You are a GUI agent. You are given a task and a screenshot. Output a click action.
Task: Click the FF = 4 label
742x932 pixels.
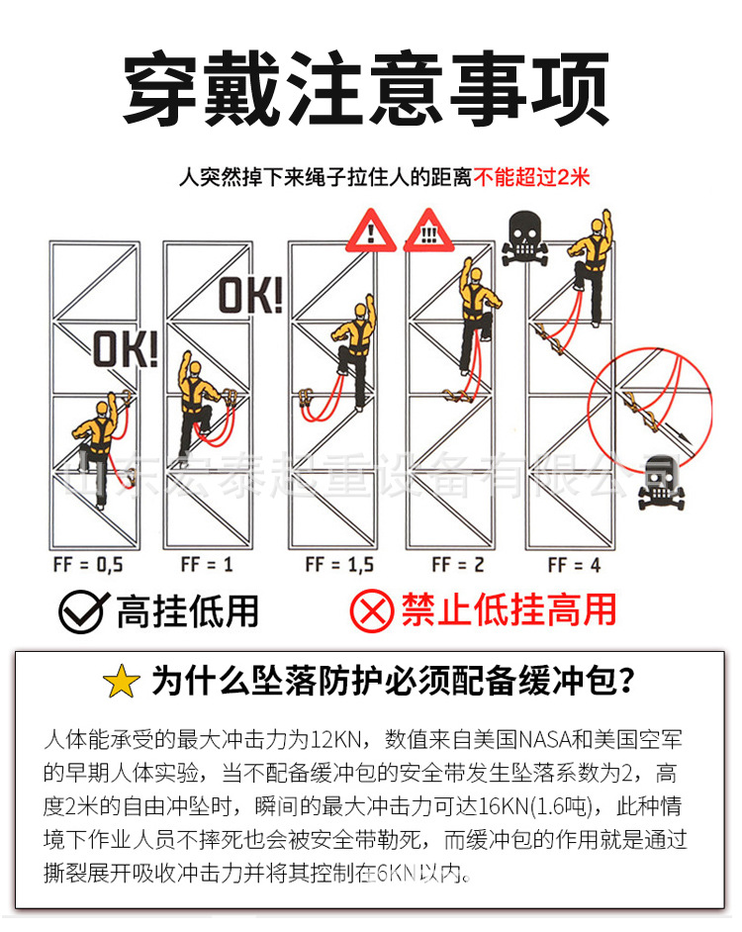click(x=574, y=565)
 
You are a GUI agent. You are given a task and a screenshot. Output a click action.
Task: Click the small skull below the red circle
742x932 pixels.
click(x=658, y=483)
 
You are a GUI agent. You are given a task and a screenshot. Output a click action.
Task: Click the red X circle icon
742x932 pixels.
click(x=373, y=611)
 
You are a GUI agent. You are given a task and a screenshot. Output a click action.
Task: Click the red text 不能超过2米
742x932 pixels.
click(x=531, y=178)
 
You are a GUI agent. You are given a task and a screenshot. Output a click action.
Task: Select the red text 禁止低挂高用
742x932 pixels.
click(x=509, y=610)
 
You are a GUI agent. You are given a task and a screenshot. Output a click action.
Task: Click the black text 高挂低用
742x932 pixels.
click(x=187, y=611)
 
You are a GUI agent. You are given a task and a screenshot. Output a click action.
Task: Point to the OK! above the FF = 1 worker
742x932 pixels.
click(x=249, y=295)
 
